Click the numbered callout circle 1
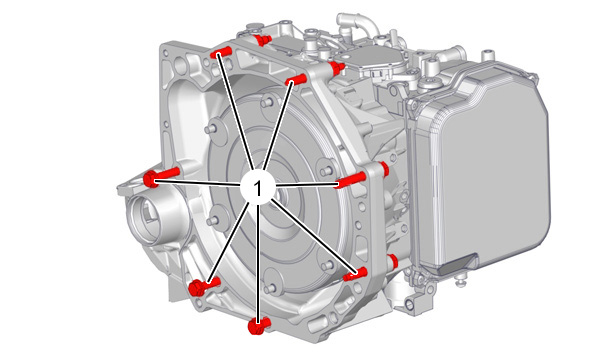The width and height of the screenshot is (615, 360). pos(257,187)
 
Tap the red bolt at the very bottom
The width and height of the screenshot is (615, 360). pos(258,325)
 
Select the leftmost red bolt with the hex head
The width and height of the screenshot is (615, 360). pos(161,178)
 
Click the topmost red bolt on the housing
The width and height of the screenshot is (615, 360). pos(262,40)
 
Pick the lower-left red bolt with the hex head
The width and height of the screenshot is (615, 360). pos(204,286)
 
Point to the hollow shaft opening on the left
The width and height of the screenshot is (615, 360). pos(146,215)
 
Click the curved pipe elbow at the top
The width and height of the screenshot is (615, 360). pos(357,24)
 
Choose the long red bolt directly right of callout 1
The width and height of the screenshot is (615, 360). pos(351,179)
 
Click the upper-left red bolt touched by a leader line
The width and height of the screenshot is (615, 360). pos(220,52)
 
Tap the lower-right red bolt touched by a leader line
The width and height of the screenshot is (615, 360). pos(355,274)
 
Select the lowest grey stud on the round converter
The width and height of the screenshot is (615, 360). pos(269,289)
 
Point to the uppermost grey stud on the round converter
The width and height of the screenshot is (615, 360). pos(268,102)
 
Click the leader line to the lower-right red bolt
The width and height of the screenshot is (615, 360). pos(314,236)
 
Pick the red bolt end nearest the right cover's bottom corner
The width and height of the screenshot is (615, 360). pos(392,261)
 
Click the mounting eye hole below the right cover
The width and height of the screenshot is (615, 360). pos(410,303)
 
